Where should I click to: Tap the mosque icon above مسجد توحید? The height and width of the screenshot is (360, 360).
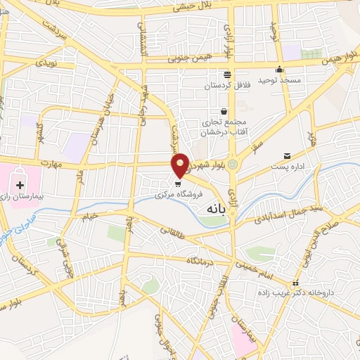coord(279,69)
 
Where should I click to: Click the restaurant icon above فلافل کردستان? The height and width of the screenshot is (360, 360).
coord(226,75)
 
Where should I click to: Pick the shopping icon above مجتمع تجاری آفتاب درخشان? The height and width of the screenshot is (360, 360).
coord(224,111)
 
